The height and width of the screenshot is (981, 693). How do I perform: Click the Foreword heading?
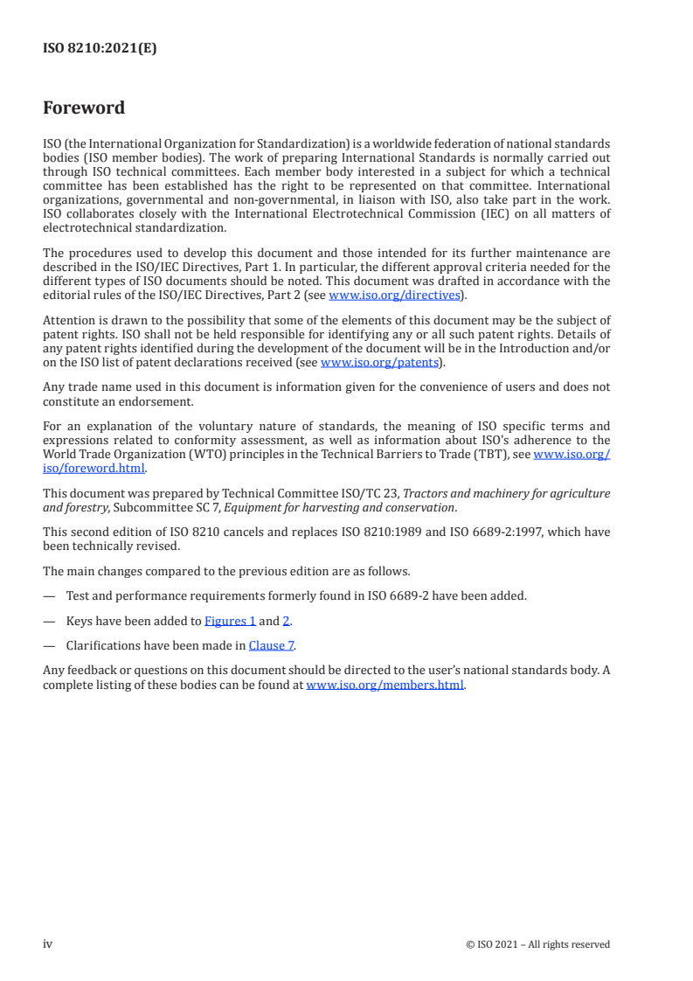(84, 108)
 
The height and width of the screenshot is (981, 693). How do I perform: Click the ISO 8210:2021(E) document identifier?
(100, 49)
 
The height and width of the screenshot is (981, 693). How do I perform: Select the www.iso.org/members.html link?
(385, 685)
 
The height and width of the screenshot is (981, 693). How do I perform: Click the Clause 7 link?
(272, 646)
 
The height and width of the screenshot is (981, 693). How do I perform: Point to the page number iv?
(48, 943)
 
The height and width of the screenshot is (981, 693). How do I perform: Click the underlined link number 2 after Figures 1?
(286, 621)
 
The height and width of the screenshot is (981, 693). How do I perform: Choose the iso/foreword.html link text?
(94, 468)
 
